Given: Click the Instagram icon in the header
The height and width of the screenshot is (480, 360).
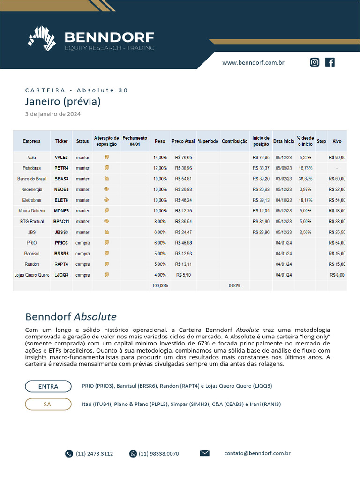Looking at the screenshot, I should click(315, 62).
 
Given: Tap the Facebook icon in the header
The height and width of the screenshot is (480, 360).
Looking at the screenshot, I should click(330, 62).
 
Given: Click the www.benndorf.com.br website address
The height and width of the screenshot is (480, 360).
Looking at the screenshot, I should click(253, 62).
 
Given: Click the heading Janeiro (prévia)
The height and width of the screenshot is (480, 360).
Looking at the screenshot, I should click(63, 101).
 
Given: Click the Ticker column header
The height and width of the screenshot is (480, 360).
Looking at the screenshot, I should click(61, 141).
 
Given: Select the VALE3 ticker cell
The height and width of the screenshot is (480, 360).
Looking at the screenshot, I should click(61, 157).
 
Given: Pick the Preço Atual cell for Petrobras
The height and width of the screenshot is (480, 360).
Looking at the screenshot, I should click(183, 168).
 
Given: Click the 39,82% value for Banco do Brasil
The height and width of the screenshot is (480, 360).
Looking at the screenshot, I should click(305, 179).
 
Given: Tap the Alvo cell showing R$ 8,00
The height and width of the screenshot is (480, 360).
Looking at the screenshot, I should click(337, 275).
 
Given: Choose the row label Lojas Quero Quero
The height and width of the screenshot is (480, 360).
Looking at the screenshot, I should click(32, 275).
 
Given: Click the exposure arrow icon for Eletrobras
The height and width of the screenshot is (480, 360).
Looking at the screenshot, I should click(106, 200).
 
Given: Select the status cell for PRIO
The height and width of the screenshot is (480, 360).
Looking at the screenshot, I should click(82, 243).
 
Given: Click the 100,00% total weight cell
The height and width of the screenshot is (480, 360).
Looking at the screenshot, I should click(160, 285).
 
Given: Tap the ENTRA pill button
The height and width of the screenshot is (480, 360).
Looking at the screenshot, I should click(48, 386).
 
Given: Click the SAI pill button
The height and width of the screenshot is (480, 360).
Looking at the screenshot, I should click(48, 404).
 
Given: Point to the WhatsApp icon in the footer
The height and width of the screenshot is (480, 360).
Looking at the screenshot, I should click(133, 454).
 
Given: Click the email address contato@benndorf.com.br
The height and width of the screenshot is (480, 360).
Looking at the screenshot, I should click(257, 453).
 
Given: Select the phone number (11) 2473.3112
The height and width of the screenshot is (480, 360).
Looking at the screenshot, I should click(94, 454).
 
